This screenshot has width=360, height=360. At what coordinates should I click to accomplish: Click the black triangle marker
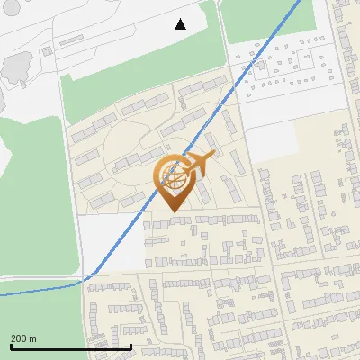181,24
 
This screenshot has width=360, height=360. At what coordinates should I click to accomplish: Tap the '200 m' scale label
23,337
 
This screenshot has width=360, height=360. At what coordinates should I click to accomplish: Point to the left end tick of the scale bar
10,346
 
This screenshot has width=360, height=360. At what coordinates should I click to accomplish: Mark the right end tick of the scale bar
131,346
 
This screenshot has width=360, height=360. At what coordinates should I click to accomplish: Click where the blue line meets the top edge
301,2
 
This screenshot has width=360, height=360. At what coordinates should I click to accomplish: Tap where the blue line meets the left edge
2,294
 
